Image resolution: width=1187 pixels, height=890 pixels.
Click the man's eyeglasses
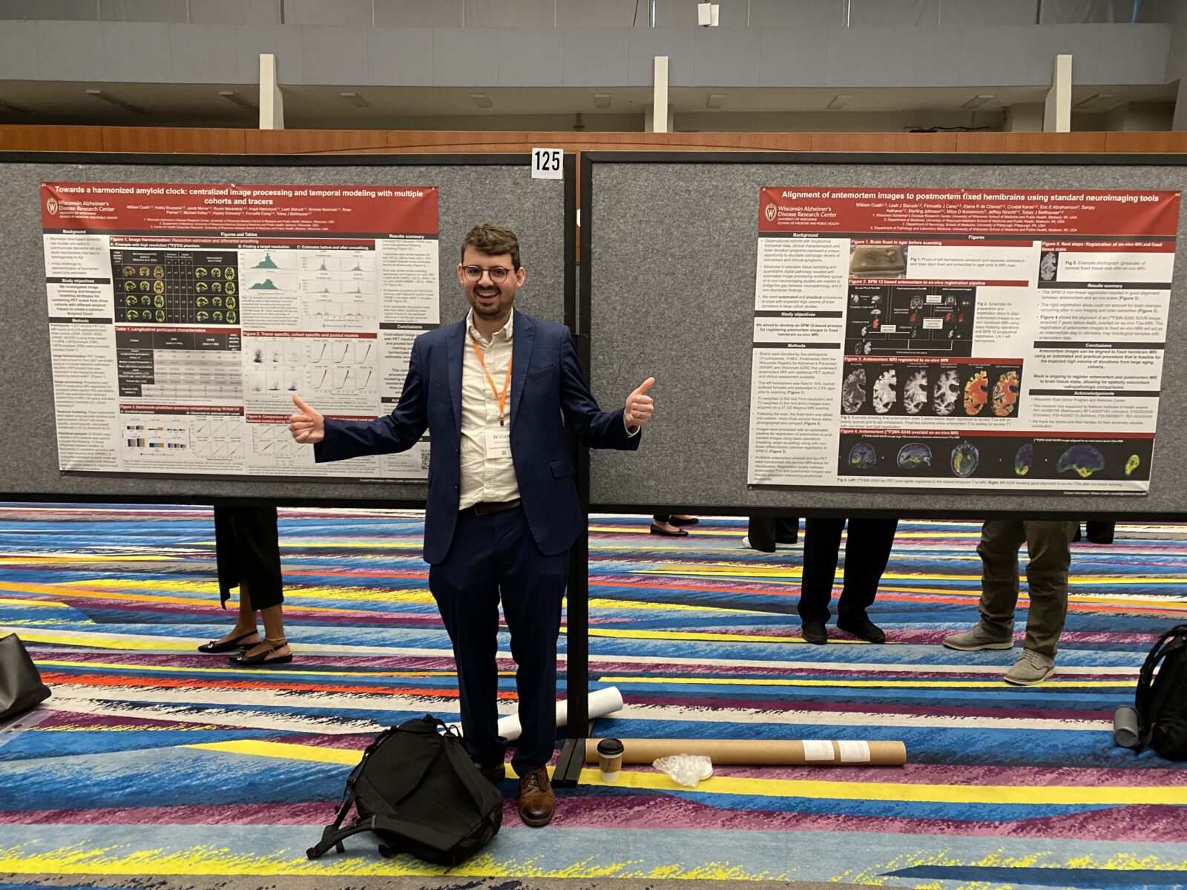pos(487,273)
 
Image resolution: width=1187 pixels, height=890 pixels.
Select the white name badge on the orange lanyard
pos(499,444)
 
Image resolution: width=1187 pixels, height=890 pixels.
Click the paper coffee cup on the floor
pos(610,759)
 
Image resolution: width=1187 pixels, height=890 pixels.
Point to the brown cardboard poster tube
pos(749,751)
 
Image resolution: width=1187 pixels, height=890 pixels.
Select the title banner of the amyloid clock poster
pos(239,195)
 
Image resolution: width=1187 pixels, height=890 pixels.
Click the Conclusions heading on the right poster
pos(1098,345)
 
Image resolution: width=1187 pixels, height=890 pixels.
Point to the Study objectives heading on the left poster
pos(77,280)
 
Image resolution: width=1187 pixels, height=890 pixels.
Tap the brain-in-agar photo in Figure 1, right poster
pos(878,260)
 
